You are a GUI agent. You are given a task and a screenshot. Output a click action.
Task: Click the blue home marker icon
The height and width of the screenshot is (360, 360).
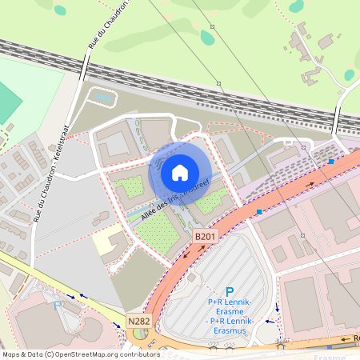[x=180, y=172]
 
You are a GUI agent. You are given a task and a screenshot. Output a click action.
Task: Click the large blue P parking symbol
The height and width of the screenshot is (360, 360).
[x=230, y=293]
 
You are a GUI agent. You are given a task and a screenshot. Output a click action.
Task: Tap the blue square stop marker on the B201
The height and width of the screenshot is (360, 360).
[x=259, y=212]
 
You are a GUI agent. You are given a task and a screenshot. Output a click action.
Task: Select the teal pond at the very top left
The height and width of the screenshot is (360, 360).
[x=60, y=10]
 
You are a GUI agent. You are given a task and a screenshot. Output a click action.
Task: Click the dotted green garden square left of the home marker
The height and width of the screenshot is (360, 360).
[x=127, y=189]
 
